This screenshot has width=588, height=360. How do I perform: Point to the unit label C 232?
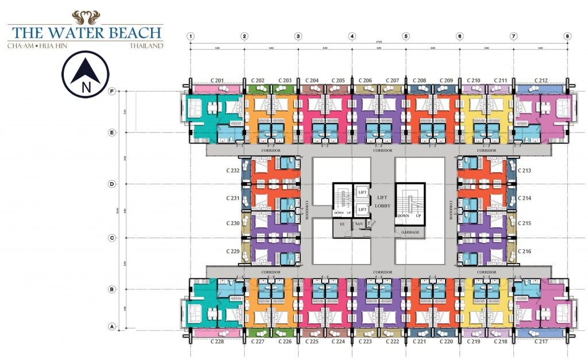click(x=233, y=171)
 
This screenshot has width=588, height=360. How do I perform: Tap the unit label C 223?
click(x=365, y=342)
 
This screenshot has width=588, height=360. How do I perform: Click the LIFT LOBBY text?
click(x=383, y=201)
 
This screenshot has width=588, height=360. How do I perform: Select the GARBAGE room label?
click(x=410, y=232)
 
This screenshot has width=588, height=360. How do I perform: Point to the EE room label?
click(x=342, y=224)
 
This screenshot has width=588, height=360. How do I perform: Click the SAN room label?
click(x=358, y=224)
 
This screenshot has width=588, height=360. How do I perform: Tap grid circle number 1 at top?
click(x=190, y=36)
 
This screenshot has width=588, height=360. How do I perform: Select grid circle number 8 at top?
click(x=567, y=36)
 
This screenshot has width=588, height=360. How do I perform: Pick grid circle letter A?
click(x=111, y=327)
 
